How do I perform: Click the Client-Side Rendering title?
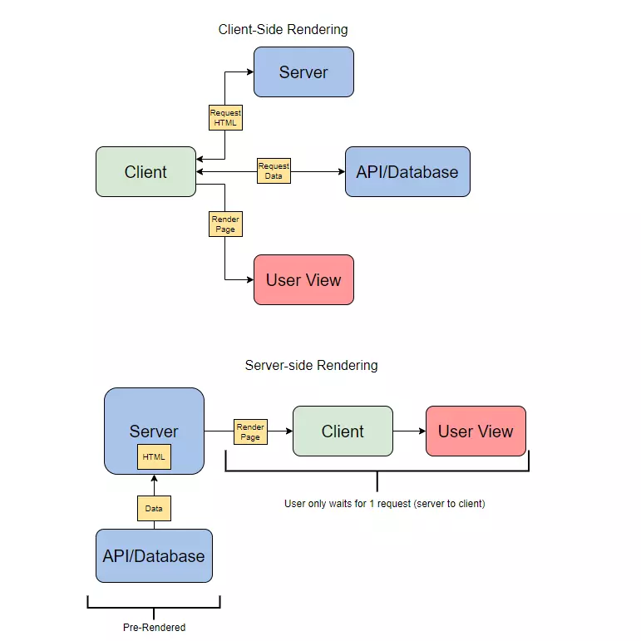pyautogui.click(x=283, y=29)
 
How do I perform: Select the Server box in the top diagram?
pyautogui.click(x=303, y=72)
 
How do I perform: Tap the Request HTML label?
pyautogui.click(x=225, y=118)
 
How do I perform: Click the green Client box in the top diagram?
pyautogui.click(x=146, y=172)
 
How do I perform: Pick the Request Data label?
pyautogui.click(x=274, y=171)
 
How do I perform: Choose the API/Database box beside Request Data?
pyautogui.click(x=407, y=172)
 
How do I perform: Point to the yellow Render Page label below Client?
pyautogui.click(x=225, y=224)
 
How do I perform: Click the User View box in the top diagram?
pyautogui.click(x=303, y=279)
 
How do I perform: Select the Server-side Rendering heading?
pyautogui.click(x=311, y=365)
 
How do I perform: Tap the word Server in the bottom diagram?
pyautogui.click(x=154, y=431)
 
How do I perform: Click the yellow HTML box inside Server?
pyautogui.click(x=154, y=456)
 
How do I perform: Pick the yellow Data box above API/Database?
pyautogui.click(x=154, y=508)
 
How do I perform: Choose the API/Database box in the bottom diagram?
pyautogui.click(x=154, y=555)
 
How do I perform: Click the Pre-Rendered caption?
pyautogui.click(x=154, y=627)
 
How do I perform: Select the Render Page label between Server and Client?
pyautogui.click(x=250, y=431)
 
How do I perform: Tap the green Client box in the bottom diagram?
pyautogui.click(x=343, y=431)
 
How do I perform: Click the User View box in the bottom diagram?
pyautogui.click(x=476, y=431)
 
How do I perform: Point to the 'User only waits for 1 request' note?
pyautogui.click(x=385, y=503)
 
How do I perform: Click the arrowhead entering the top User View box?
pyautogui.click(x=250, y=279)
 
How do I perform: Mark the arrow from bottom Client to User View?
pyautogui.click(x=409, y=431)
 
